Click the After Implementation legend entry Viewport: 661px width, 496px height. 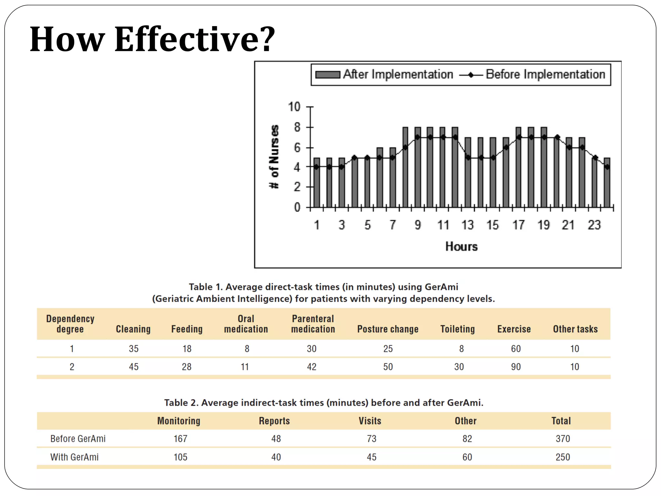click(384, 75)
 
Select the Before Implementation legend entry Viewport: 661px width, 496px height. click(533, 75)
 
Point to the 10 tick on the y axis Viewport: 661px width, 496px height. click(294, 107)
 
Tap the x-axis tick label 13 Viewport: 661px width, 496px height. click(467, 225)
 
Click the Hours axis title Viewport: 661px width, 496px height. click(461, 247)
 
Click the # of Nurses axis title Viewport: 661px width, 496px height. click(274, 157)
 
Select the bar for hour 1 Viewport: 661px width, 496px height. click(317, 182)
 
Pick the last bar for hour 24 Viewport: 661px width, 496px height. click(607, 182)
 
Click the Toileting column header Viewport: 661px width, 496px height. click(457, 329)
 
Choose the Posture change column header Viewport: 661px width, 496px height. click(388, 329)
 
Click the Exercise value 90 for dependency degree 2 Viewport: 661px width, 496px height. click(515, 367)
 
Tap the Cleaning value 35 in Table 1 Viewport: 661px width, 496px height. click(134, 349)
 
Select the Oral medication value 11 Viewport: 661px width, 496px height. click(245, 367)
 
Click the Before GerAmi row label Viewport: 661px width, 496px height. click(78, 439)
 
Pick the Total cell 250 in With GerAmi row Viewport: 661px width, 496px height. click(563, 457)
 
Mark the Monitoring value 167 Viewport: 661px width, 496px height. click(180, 439)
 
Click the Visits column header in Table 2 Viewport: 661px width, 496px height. click(370, 421)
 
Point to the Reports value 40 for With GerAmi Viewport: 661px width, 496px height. click(276, 457)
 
